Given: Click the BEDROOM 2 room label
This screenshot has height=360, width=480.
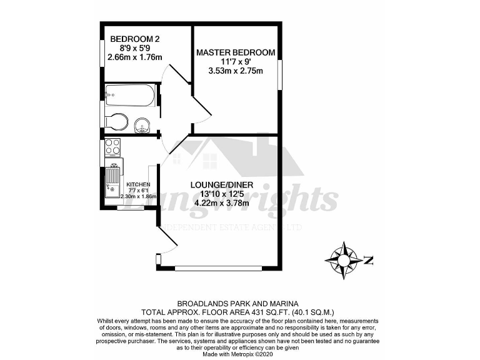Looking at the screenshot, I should pyautogui.click(x=131, y=36).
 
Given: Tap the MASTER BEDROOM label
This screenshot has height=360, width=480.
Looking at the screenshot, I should pyautogui.click(x=235, y=52).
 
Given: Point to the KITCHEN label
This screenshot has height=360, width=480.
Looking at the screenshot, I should pyautogui.click(x=138, y=184).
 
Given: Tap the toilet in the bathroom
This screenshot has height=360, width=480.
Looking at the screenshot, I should pyautogui.click(x=117, y=121).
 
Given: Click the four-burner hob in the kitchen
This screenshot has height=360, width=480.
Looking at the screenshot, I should pyautogui.click(x=113, y=147).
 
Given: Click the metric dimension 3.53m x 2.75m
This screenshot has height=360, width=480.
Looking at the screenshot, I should pyautogui.click(x=235, y=71).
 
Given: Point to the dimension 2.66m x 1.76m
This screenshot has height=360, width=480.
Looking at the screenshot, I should pyautogui.click(x=134, y=57).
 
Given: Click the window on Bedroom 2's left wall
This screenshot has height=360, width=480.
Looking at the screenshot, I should pyautogui.click(x=102, y=53).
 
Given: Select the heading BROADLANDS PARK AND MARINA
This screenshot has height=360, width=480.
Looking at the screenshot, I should pyautogui.click(x=240, y=301).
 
